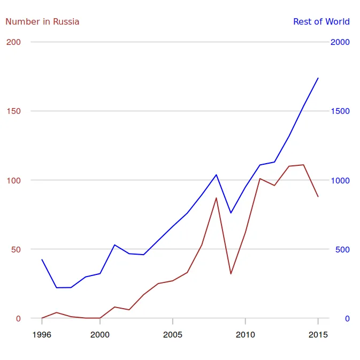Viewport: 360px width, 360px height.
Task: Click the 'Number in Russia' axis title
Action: (42, 22)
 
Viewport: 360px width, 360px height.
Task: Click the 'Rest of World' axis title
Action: (321, 22)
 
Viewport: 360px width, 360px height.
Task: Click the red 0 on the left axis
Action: (18, 318)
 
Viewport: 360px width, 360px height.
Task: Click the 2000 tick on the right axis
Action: (340, 42)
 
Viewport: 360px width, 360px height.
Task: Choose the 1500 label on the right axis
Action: (340, 111)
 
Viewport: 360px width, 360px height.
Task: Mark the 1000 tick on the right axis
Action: (340, 180)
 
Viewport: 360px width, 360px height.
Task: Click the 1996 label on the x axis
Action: (42, 335)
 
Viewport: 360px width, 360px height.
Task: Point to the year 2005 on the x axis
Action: (173, 335)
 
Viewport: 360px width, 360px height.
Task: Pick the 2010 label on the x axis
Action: (245, 335)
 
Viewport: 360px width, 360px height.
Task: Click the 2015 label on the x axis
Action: (318, 335)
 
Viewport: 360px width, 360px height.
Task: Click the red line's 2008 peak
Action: (216, 198)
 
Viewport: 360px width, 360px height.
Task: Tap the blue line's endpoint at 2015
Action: (318, 78)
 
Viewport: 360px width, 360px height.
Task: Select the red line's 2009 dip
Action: (231, 274)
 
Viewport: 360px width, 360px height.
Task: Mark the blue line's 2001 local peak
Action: (114, 245)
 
